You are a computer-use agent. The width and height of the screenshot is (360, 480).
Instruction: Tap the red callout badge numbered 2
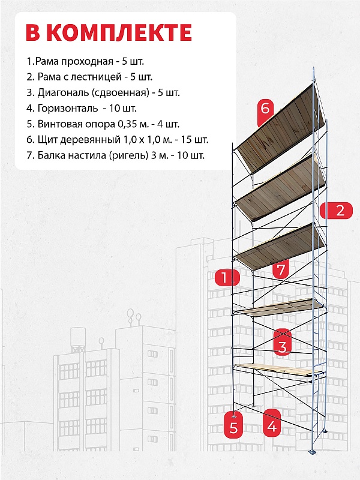coord(337,211)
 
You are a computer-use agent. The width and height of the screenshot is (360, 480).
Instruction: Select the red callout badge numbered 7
coord(280,269)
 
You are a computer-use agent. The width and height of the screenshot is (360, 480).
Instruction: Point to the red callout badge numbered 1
coord(227,277)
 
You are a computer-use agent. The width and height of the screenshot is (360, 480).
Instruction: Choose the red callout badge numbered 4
coord(272,424)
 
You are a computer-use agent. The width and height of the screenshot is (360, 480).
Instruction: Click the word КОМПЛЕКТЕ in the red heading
coord(119,32)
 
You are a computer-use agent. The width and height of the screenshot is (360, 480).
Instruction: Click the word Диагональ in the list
coord(63,92)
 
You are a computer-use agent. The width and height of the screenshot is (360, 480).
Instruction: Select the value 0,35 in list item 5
coord(127,124)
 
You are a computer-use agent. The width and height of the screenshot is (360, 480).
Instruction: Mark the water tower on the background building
coord(78,339)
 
